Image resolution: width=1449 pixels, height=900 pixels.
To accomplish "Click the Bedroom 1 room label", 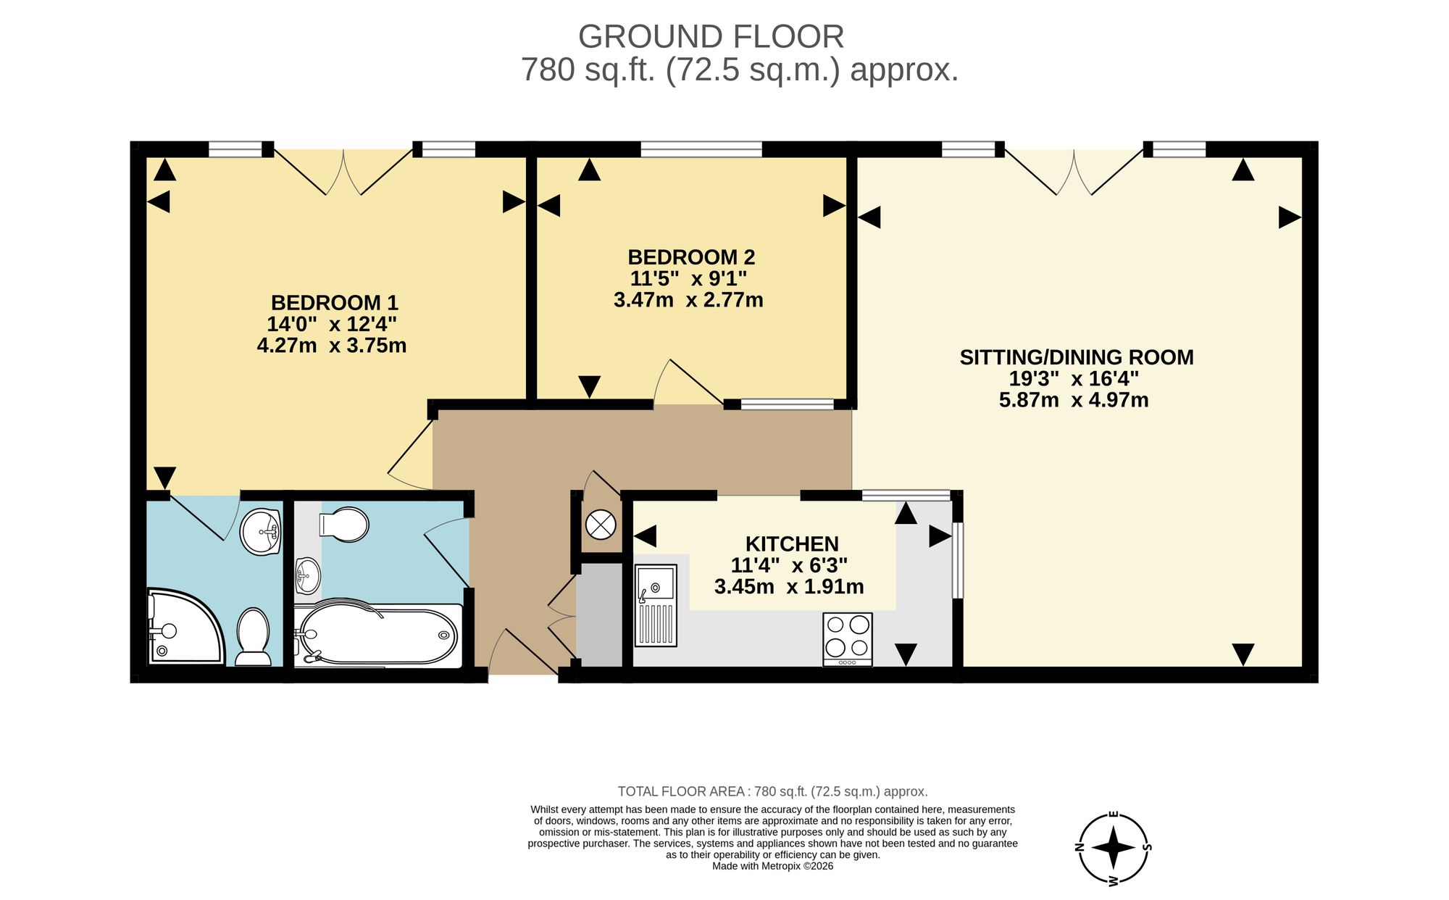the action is pyautogui.click(x=334, y=302).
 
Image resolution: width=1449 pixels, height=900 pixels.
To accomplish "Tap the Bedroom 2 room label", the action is pyautogui.click(x=691, y=257).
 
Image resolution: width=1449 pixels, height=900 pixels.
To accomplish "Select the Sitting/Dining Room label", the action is pyautogui.click(x=1077, y=357).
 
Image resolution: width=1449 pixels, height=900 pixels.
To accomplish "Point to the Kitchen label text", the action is pyautogui.click(x=792, y=543).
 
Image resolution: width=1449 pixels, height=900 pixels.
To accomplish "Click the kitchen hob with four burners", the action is pyautogui.click(x=848, y=639).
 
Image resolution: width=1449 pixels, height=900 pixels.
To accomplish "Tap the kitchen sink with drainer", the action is pyautogui.click(x=656, y=605).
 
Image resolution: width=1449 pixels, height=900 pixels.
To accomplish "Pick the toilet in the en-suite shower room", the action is pyautogui.click(x=253, y=637).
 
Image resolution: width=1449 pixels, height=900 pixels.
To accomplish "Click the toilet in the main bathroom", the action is pyautogui.click(x=344, y=524).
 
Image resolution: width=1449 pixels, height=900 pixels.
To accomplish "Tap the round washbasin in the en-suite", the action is pyautogui.click(x=261, y=532).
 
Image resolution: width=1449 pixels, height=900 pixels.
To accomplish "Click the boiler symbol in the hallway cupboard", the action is pyautogui.click(x=601, y=524).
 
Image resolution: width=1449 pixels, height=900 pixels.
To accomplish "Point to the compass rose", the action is pyautogui.click(x=1114, y=847).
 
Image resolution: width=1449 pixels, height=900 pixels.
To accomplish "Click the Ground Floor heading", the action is pyautogui.click(x=711, y=37).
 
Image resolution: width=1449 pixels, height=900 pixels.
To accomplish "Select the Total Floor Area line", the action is pyautogui.click(x=772, y=791).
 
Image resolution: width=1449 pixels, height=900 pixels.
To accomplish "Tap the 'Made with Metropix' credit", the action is pyautogui.click(x=772, y=866).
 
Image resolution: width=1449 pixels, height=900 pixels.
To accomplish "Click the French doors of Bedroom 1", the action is pyautogui.click(x=343, y=172).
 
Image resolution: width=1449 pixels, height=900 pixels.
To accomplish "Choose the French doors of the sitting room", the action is pyautogui.click(x=1074, y=172).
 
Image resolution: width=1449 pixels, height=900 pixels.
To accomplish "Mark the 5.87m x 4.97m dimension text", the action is pyautogui.click(x=1074, y=400).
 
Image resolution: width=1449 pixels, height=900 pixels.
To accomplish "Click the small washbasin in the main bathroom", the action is pyautogui.click(x=307, y=576).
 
